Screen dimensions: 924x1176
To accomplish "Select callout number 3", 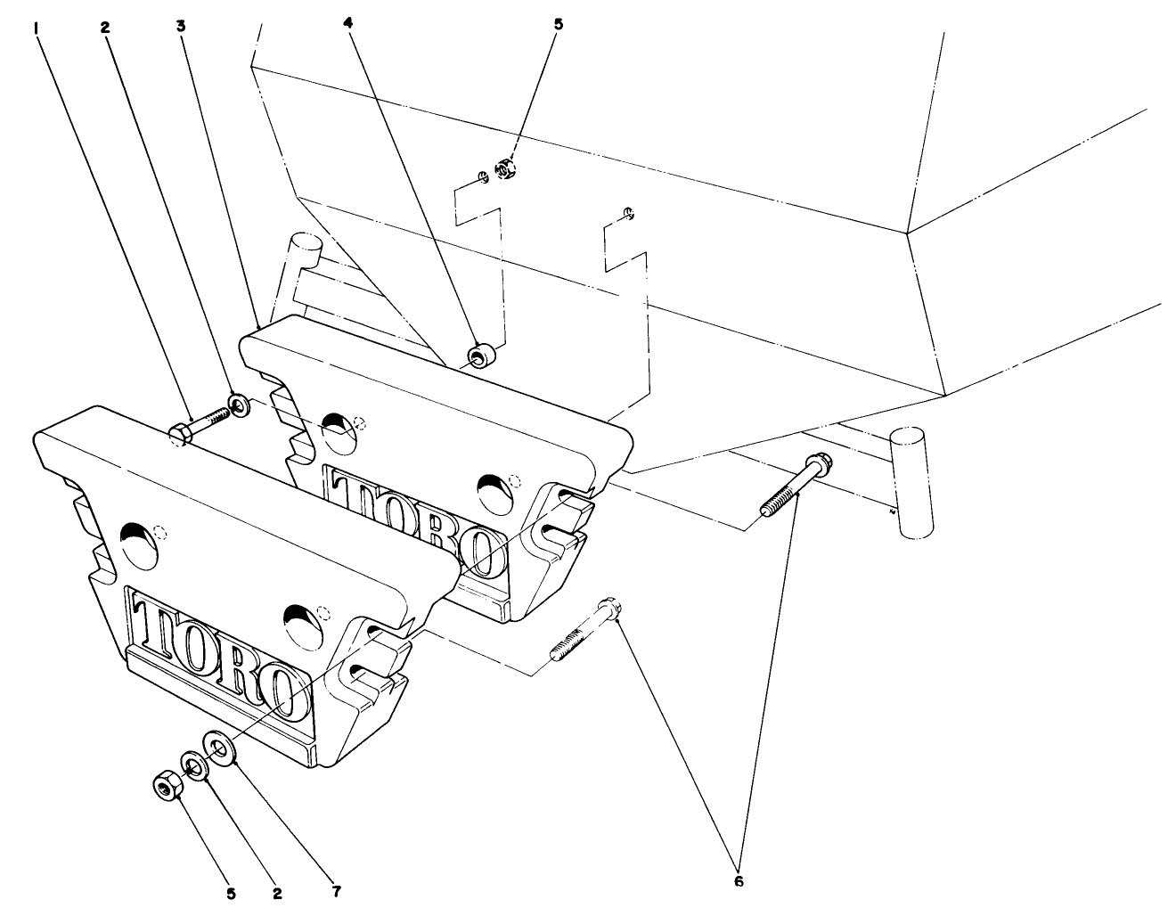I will (181, 26).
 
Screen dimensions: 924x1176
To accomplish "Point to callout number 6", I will (738, 881).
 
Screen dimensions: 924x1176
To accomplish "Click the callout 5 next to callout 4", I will (559, 24).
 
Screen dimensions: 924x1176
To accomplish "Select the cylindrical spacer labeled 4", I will (482, 356).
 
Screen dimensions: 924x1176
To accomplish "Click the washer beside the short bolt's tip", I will (239, 406).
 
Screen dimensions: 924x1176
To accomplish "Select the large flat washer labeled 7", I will (219, 747).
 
